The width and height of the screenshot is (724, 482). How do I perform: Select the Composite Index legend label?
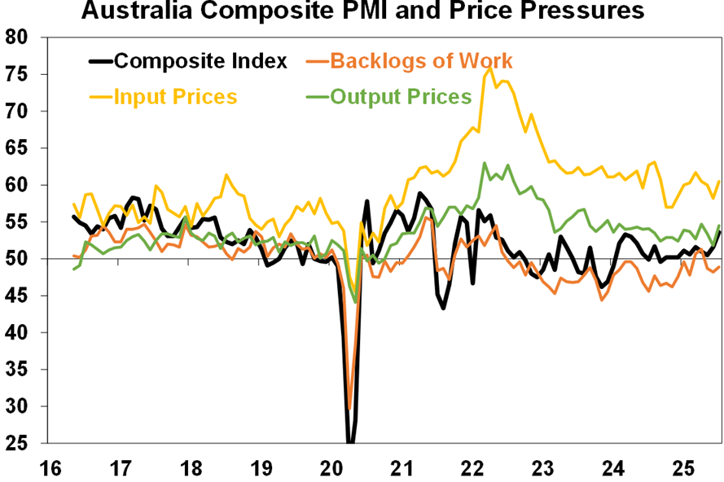pos(200,61)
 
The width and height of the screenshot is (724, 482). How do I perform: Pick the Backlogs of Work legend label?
pos(422,61)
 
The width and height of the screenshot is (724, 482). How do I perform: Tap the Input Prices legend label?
pos(175,97)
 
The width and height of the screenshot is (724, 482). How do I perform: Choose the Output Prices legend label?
pos(401,97)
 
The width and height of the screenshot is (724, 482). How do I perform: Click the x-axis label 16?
pos(50,469)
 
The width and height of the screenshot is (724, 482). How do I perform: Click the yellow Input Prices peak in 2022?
pos(490,69)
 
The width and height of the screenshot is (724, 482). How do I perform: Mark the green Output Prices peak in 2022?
pos(485,163)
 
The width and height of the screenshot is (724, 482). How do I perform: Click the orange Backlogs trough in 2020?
pos(349,410)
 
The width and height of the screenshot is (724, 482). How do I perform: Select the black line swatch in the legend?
pos(99,61)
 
